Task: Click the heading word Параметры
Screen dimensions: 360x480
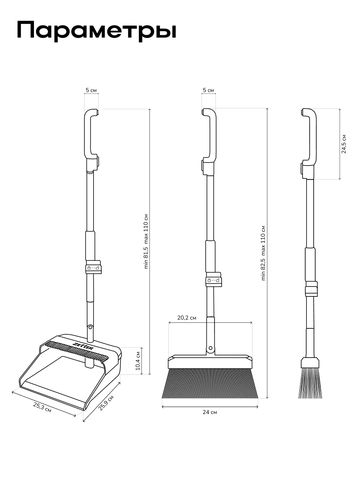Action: click(96, 31)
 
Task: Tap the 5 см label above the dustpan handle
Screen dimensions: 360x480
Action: click(91, 90)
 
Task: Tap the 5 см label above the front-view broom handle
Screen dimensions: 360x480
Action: click(208, 90)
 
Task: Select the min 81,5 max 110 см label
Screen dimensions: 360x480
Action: click(146, 242)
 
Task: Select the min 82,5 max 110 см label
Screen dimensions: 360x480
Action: click(263, 253)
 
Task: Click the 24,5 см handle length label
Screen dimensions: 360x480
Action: click(344, 144)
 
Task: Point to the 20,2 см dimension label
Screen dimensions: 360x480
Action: click(187, 318)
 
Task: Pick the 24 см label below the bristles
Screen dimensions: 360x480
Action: click(210, 412)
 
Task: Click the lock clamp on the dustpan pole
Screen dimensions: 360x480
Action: click(93, 267)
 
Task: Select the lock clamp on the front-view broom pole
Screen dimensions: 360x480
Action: click(214, 279)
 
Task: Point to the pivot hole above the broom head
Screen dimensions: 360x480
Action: click(210, 348)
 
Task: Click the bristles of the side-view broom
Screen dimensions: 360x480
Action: click(310, 383)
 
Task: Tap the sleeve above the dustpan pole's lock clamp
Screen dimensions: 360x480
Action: click(90, 246)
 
